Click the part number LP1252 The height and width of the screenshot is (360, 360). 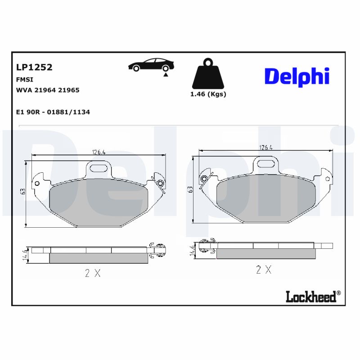(34, 67)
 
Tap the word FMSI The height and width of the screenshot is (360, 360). (24, 79)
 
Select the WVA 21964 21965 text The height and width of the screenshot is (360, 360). (48, 90)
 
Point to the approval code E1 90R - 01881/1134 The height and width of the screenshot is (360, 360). (53, 112)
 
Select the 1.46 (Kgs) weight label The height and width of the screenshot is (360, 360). (208, 94)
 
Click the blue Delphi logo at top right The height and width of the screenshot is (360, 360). (297, 76)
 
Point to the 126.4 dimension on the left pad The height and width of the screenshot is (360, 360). (99, 152)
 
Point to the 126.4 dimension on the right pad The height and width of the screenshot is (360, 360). (266, 147)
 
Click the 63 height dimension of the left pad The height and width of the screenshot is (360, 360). (22, 191)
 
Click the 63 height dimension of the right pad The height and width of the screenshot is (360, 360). (190, 189)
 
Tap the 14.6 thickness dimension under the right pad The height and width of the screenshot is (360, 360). (193, 251)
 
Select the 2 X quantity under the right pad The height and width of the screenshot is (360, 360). (264, 270)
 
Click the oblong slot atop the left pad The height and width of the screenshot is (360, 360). (99, 168)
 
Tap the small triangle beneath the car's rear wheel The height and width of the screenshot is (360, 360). (166, 75)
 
